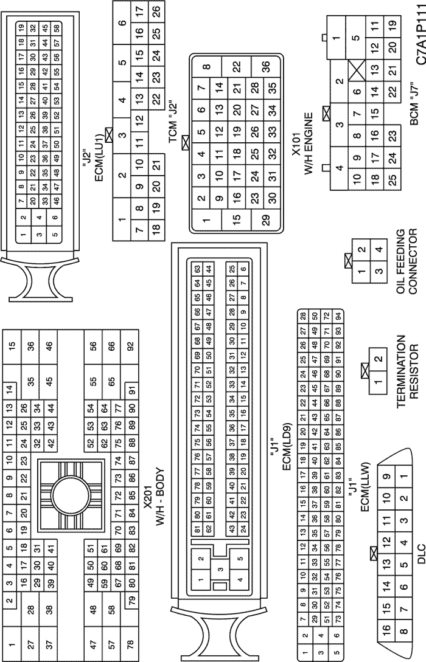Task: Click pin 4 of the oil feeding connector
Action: point(379,249)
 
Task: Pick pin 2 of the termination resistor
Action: point(379,359)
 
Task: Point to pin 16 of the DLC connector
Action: point(386,628)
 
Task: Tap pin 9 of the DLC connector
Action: point(386,477)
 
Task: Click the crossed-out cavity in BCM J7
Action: point(357,70)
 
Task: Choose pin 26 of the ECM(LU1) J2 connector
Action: point(156,9)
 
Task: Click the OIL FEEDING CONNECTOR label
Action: point(407,261)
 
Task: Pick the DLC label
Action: point(420,556)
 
